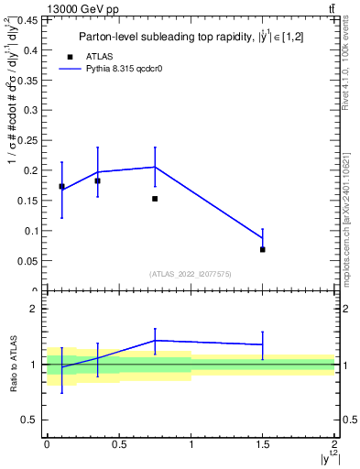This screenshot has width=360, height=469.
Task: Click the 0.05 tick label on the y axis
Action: tap(27, 261)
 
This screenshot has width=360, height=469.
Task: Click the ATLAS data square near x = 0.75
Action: tap(155, 199)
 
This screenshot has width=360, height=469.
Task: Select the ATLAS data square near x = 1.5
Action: tap(263, 249)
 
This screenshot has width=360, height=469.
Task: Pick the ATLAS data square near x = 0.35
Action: tap(97, 180)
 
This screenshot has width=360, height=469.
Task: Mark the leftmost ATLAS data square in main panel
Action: tap(61, 186)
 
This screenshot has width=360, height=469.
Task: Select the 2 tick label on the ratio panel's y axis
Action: tap(34, 309)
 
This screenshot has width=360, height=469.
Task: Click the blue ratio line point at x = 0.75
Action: tap(155, 341)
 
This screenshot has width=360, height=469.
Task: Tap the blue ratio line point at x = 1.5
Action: tap(263, 344)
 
